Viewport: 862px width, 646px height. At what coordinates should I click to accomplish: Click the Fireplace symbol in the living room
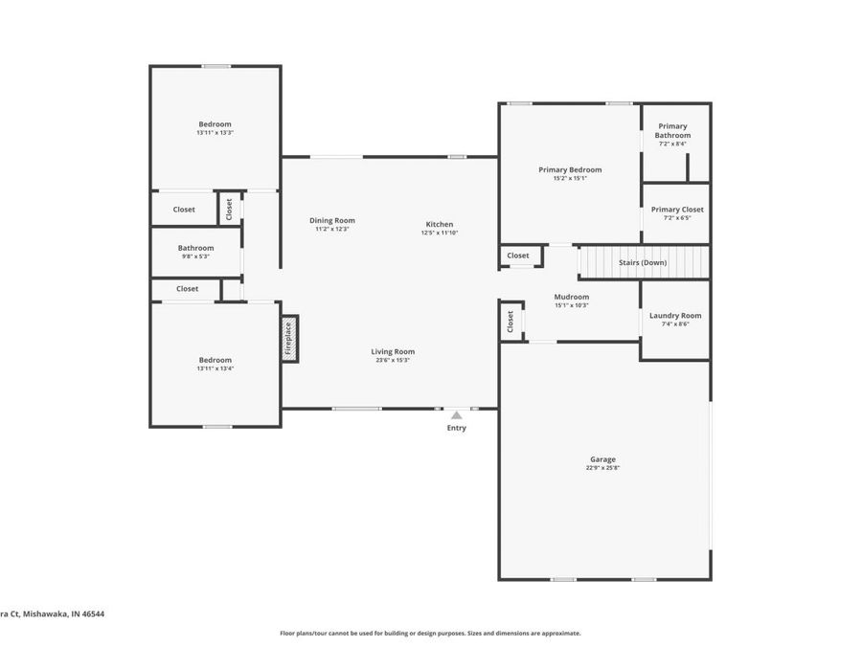(x=290, y=339)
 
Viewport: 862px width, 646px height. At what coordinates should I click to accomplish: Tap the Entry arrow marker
(x=457, y=415)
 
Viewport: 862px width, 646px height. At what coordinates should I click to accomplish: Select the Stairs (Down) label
(x=642, y=262)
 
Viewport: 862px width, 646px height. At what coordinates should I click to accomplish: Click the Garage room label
(x=602, y=459)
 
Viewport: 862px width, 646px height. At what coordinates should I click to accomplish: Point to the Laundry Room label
(x=675, y=316)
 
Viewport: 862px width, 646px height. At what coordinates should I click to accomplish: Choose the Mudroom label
(x=571, y=297)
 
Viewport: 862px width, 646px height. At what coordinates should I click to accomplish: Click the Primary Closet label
(x=677, y=210)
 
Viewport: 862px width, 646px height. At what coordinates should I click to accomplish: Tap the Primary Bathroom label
(x=672, y=131)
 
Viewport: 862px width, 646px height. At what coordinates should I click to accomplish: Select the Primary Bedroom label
(x=570, y=169)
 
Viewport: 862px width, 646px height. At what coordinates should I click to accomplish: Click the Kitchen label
(x=440, y=225)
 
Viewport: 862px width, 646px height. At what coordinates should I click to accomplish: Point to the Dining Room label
(x=331, y=221)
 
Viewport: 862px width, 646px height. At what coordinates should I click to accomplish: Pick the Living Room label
(x=393, y=352)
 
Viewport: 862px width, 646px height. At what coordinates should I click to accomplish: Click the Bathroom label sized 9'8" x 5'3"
(x=195, y=248)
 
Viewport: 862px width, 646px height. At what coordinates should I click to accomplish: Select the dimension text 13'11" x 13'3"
(x=215, y=133)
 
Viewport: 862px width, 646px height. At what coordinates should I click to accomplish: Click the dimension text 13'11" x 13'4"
(x=215, y=368)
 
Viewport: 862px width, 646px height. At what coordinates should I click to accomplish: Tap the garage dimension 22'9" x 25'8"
(x=603, y=468)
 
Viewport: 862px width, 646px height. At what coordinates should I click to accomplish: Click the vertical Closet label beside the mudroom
(x=510, y=321)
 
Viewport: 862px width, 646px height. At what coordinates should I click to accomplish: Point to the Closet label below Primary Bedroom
(x=518, y=256)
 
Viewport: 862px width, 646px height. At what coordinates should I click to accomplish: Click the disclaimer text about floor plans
(x=430, y=633)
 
